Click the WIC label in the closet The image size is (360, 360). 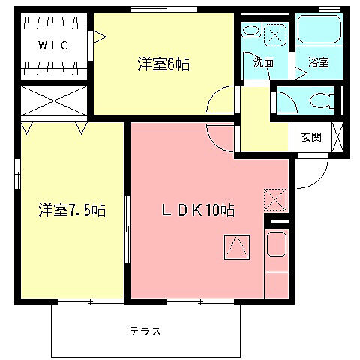click(54, 45)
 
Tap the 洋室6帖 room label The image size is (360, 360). click(163, 64)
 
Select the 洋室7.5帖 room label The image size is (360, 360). click(72, 210)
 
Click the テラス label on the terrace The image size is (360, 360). click(145, 331)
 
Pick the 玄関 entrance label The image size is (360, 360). click(311, 137)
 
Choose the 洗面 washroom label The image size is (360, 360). click(263, 63)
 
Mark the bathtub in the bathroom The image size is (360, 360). click(318, 29)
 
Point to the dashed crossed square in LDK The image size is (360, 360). click(274, 199)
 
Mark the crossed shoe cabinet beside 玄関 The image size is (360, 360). click(337, 137)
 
